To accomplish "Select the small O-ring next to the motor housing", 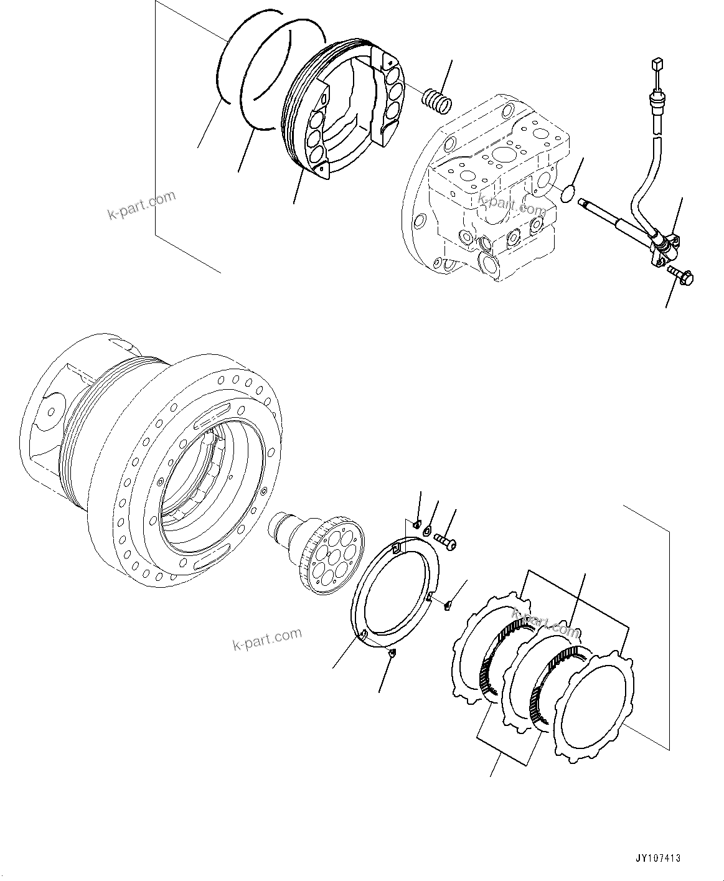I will pos(567,195).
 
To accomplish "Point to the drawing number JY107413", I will pos(657,858).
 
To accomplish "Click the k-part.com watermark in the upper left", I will pos(141,205).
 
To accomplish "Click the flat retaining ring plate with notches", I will pos(396,594).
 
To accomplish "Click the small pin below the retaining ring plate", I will pos(390,653).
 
